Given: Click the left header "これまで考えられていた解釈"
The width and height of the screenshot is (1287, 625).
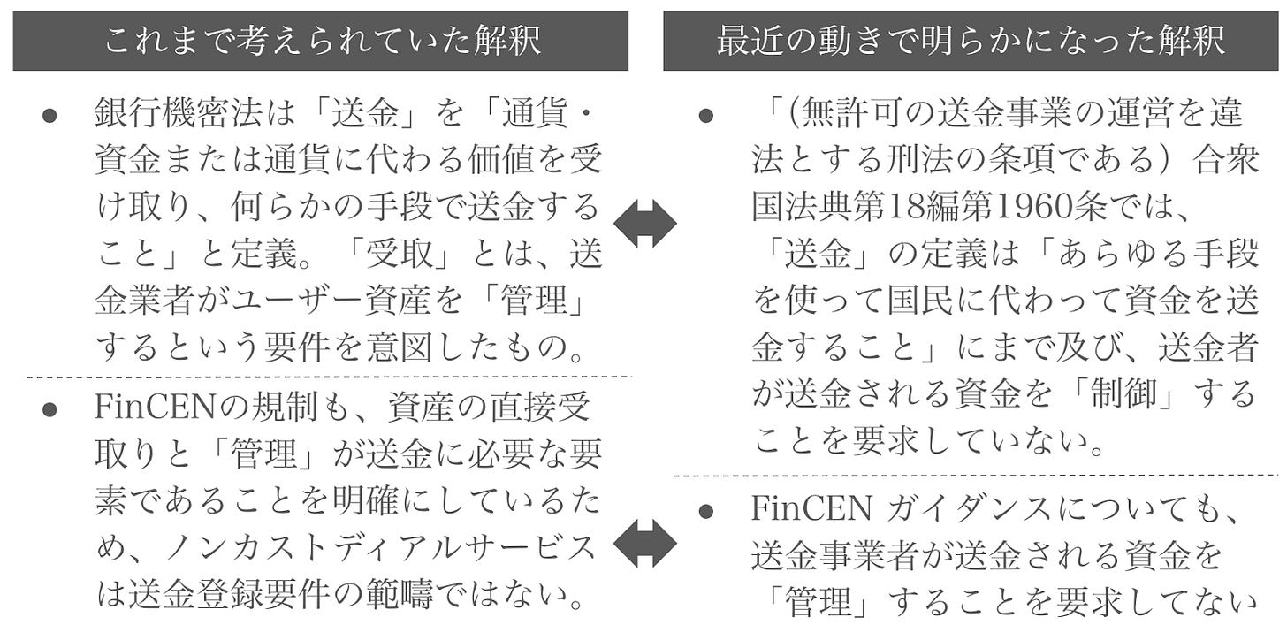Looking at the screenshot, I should [320, 42].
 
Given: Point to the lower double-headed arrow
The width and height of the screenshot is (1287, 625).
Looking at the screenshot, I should [644, 542].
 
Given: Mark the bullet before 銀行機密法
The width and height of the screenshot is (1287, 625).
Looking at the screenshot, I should [49, 116].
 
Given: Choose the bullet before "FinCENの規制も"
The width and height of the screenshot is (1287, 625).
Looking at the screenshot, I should [49, 410].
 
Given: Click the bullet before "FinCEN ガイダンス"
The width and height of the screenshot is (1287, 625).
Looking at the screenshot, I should [704, 510].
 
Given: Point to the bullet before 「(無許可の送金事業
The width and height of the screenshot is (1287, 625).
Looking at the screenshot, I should [704, 116].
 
